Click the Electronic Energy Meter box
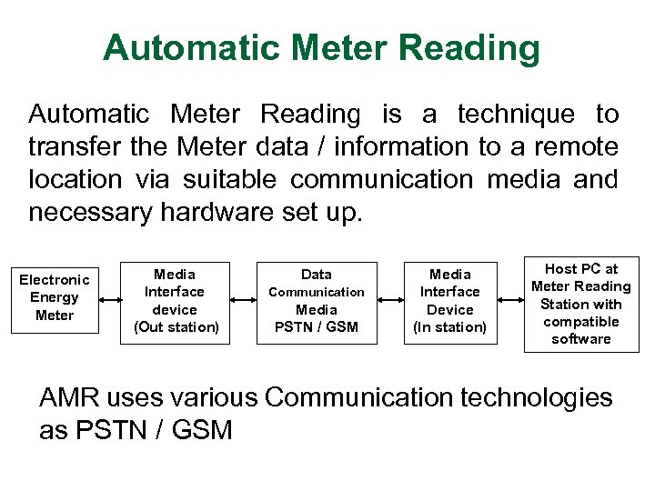point(55,298)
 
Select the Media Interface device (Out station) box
point(176,301)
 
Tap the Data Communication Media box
point(317,301)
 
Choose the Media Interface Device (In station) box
point(449,301)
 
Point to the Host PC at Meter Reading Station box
point(580,304)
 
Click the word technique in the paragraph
point(516,115)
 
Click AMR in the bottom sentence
point(69,397)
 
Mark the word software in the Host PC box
point(580,339)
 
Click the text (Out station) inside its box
point(176,327)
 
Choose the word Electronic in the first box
point(55,280)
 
